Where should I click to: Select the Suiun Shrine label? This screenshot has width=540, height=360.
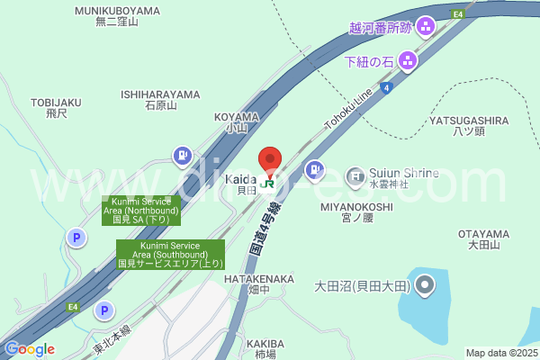coord(403,173)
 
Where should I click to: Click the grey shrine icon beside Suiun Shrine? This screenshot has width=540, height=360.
coord(355,174)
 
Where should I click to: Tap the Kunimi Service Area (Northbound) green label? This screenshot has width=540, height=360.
coord(141,211)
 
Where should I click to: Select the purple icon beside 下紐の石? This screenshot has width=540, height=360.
coord(407,61)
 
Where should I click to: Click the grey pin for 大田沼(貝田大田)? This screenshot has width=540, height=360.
coord(426,287)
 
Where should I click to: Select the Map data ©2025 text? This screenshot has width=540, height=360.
coord(499,353)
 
